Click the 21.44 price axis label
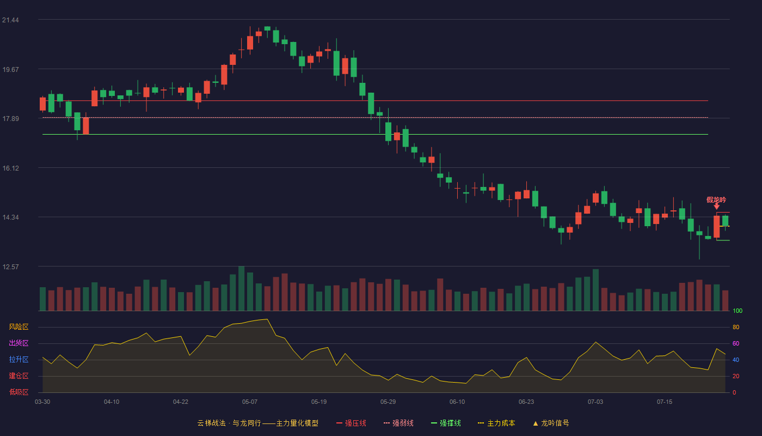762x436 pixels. click(10, 20)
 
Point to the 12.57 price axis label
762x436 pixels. click(10, 267)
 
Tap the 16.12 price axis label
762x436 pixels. click(10, 168)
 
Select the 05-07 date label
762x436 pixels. click(250, 402)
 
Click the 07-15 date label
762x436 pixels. click(665, 402)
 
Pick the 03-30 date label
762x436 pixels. click(42, 402)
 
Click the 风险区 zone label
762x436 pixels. click(19, 327)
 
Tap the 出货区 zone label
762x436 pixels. click(19, 343)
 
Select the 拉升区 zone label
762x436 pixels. click(19, 359)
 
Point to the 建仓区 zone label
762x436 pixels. click(19, 376)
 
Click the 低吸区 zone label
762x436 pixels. click(19, 392)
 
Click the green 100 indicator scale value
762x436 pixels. click(738, 311)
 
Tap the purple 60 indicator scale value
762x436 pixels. click(736, 343)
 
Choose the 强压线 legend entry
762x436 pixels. click(351, 423)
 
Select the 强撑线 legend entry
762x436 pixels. click(446, 423)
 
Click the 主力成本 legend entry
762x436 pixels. click(496, 423)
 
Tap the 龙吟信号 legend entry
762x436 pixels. click(551, 423)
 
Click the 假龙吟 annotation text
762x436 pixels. click(716, 199)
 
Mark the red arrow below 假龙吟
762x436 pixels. click(716, 207)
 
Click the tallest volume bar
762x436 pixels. click(242, 288)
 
